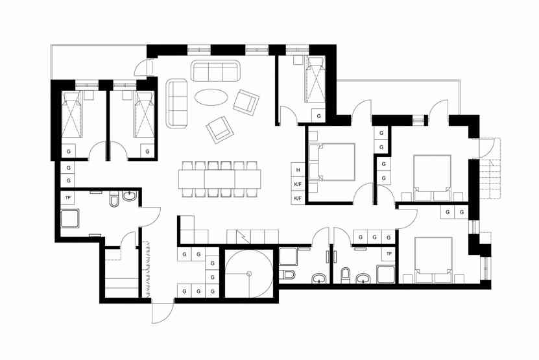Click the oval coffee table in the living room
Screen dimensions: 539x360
pos(211,97)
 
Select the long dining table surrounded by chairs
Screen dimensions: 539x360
pos(220,179)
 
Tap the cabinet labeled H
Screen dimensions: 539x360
pos(298,170)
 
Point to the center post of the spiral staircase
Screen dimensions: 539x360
pos(249,274)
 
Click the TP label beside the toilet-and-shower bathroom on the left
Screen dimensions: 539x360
pos(67,198)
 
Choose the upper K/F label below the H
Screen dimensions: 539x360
pos(298,184)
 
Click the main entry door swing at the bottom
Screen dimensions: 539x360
pos(162,313)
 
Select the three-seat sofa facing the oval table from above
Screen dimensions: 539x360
pos(215,71)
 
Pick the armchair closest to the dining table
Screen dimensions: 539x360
pos(220,129)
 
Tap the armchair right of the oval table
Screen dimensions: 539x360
pos(246,102)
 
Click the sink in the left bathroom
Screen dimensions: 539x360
pos(130,197)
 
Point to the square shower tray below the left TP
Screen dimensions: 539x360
pos(70,219)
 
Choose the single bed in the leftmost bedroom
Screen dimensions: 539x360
pos(72,114)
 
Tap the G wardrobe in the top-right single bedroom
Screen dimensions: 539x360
pos(318,116)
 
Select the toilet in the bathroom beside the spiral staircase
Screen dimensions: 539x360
pos(287,274)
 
